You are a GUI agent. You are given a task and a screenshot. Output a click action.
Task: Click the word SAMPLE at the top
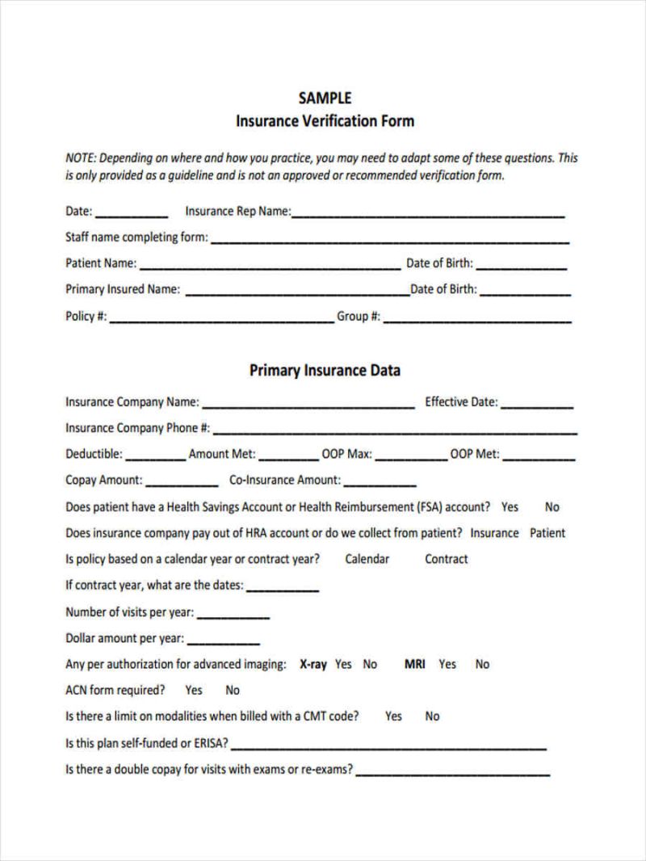pyautogui.click(x=325, y=98)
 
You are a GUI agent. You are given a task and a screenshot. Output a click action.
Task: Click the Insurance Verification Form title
pyautogui.click(x=325, y=121)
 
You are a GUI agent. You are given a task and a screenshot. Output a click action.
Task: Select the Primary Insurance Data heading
pyautogui.click(x=325, y=371)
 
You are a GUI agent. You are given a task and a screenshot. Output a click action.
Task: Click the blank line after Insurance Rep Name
pyautogui.click(x=428, y=214)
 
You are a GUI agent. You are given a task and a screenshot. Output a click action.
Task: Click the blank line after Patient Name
pyautogui.click(x=271, y=266)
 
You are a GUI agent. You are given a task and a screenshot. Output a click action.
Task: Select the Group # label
pyautogui.click(x=359, y=317)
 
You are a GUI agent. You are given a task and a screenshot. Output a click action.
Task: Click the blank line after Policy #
pyautogui.click(x=221, y=320)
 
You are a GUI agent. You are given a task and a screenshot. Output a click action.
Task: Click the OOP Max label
pyautogui.click(x=346, y=454)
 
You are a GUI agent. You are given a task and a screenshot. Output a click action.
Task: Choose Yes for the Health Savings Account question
pyautogui.click(x=510, y=507)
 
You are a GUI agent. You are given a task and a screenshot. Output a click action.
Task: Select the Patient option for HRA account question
pyautogui.click(x=547, y=533)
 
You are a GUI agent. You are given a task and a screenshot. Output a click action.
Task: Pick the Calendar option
pyautogui.click(x=367, y=559)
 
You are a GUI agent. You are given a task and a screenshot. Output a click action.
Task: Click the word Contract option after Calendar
pyautogui.click(x=447, y=559)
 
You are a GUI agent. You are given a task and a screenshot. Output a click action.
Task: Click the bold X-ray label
pyautogui.click(x=313, y=664)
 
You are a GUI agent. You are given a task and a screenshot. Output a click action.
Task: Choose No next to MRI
pyautogui.click(x=482, y=664)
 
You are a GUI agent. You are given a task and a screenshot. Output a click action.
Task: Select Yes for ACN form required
pyautogui.click(x=194, y=690)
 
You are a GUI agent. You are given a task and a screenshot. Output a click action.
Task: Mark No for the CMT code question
pyautogui.click(x=433, y=716)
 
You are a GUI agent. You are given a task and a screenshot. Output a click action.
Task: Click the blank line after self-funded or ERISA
pyautogui.click(x=388, y=746)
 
